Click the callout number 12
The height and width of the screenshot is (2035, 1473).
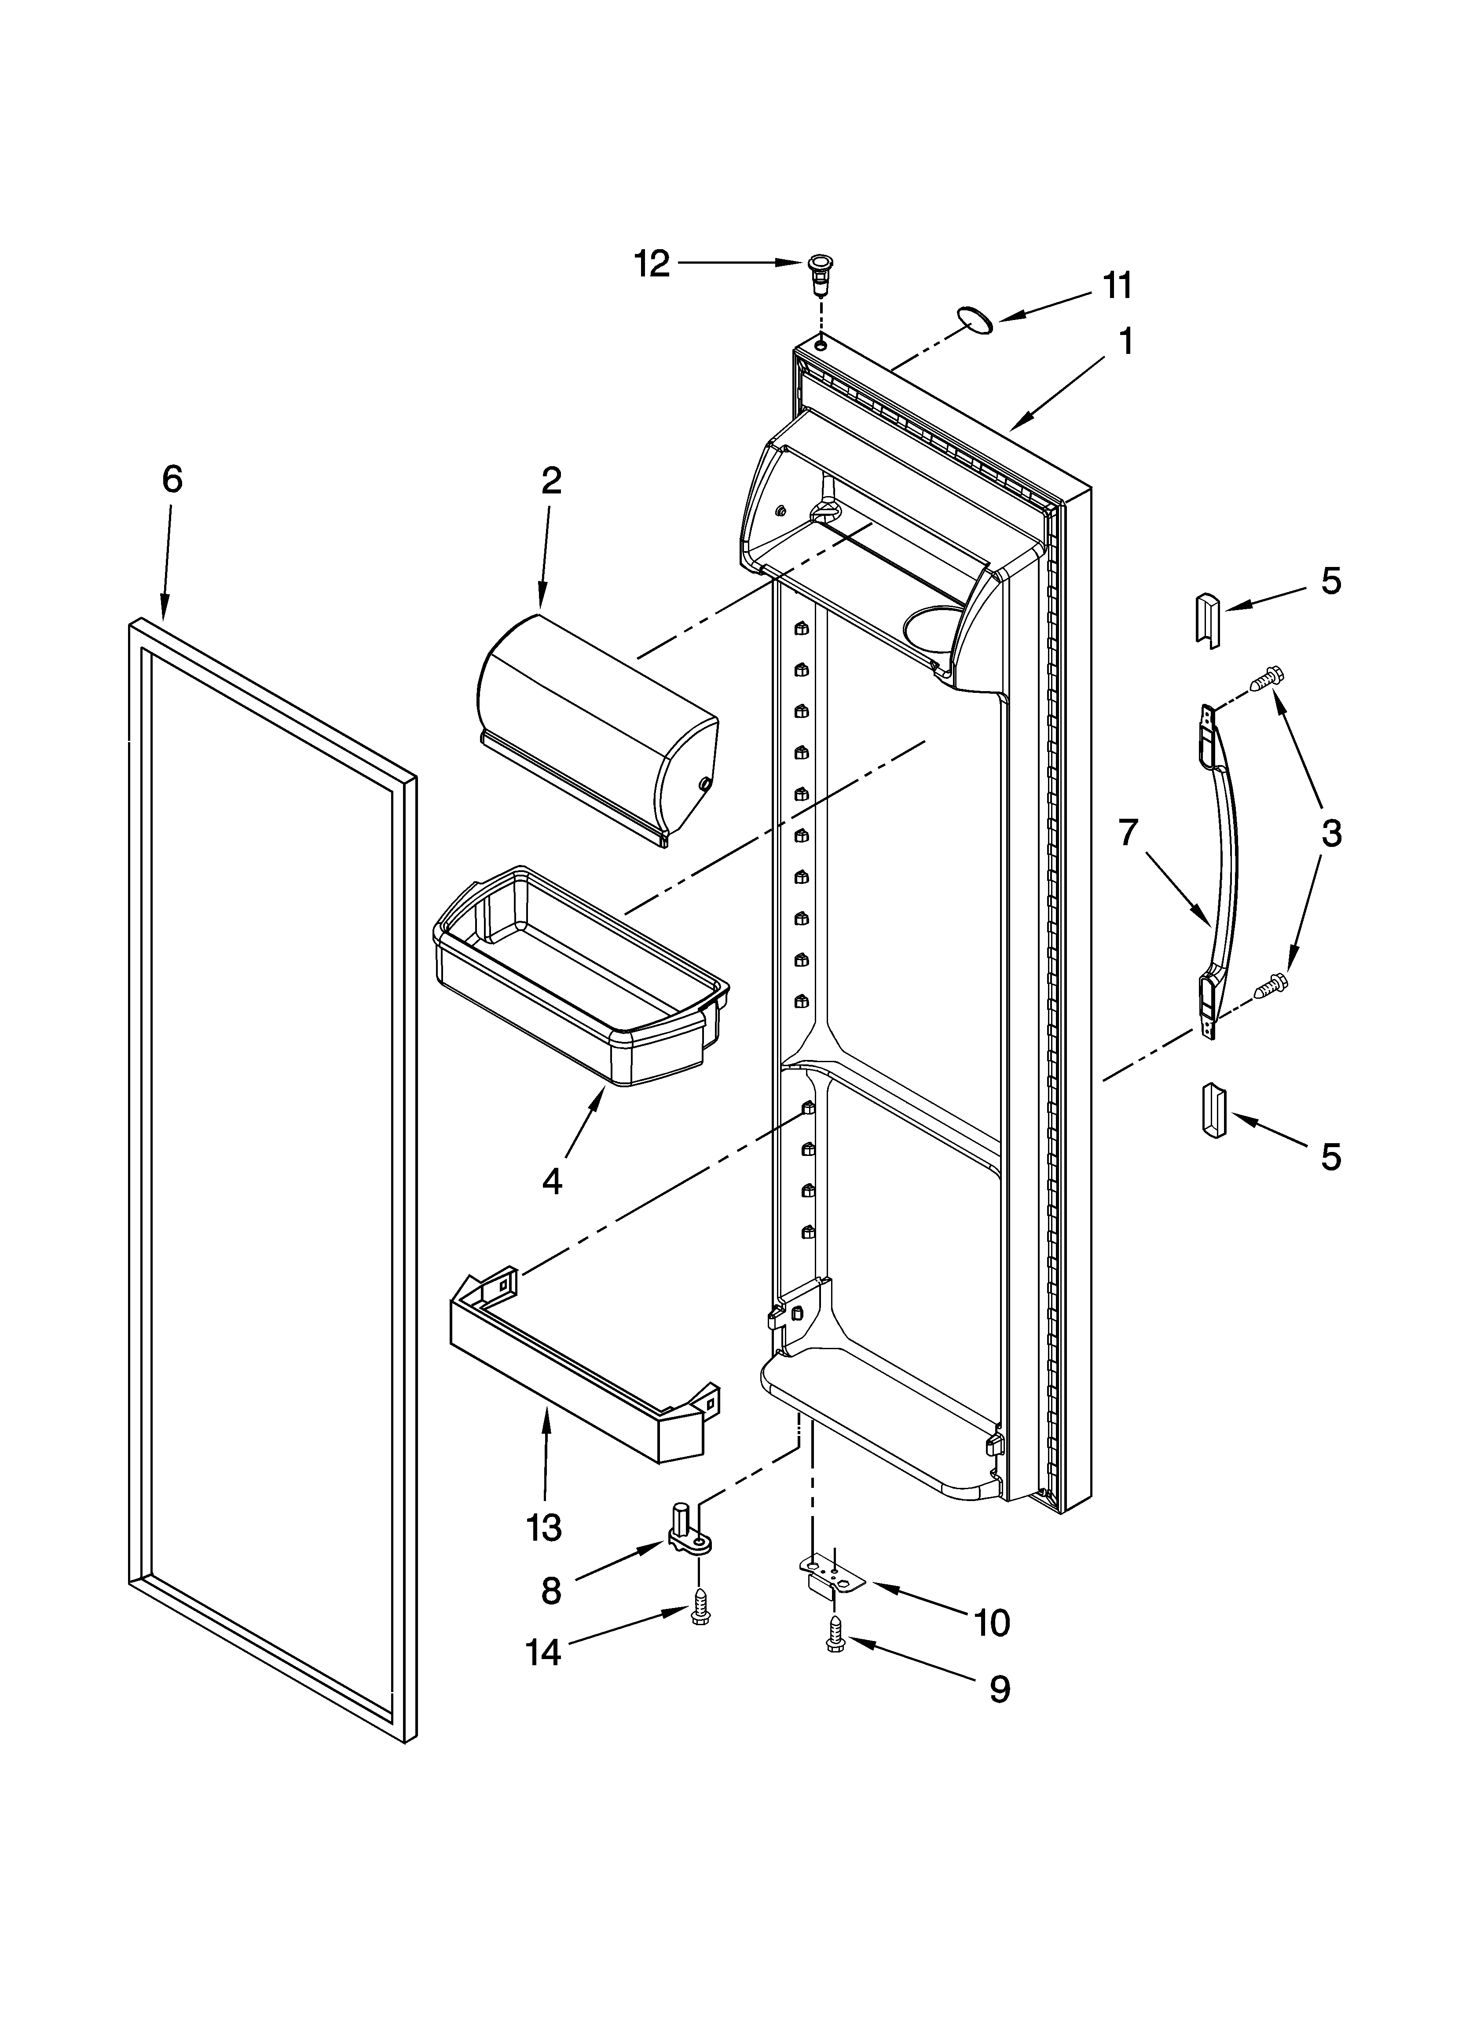click(x=652, y=264)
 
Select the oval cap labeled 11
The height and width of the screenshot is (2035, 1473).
click(x=975, y=319)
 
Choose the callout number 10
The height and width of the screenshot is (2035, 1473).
click(x=991, y=1622)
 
